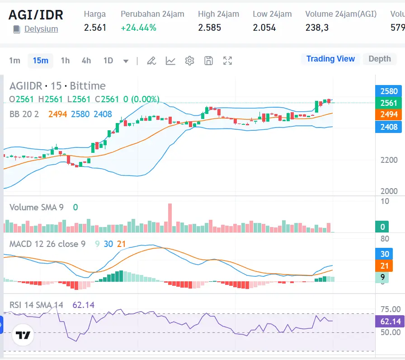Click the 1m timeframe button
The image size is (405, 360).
click(15, 61)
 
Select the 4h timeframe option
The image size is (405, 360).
click(86, 61)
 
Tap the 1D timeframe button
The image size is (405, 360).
click(108, 61)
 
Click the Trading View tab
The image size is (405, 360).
click(330, 59)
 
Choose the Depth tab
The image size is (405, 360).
click(379, 59)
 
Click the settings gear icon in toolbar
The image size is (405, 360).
click(189, 61)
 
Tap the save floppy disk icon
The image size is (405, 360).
click(208, 61)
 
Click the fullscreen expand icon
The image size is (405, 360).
click(228, 61)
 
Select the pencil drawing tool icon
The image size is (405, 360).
click(151, 61)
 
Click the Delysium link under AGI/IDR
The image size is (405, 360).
click(41, 29)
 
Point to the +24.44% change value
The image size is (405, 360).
click(138, 28)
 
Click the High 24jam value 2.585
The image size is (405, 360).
click(209, 28)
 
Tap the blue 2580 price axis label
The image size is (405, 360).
click(389, 91)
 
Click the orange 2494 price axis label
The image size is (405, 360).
click(389, 114)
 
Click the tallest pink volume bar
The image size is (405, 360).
click(170, 218)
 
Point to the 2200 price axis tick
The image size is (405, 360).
click(389, 160)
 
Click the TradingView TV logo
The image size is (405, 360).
click(23, 335)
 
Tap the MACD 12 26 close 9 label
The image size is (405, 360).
click(47, 244)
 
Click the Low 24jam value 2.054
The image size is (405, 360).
click(264, 28)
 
